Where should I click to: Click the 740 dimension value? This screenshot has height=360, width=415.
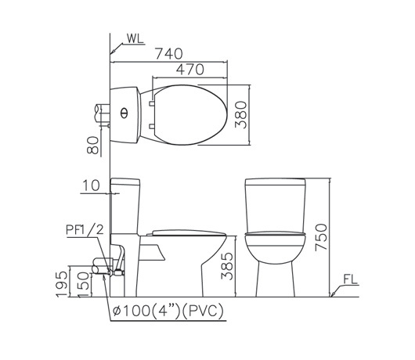coord(169,53)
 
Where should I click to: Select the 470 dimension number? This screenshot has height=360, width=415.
coord(190,70)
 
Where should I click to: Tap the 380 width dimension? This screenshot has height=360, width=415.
coord(241,114)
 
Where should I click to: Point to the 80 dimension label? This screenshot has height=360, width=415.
coord(93,146)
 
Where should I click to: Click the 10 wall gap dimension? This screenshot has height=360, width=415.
coord(92,185)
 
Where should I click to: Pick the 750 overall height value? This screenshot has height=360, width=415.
coord(321,237)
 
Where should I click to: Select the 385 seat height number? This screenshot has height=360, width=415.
coord(227,266)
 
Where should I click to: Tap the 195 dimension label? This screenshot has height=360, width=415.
coord(62,284)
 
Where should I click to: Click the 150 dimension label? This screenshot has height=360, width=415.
coord(84,285)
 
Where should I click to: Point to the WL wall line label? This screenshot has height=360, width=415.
coord(135,38)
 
